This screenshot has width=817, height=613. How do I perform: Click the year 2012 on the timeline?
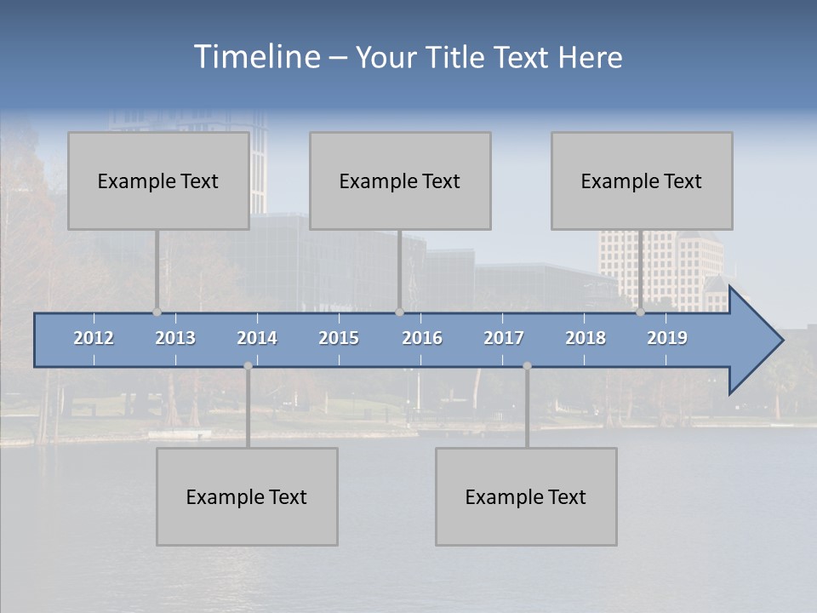point(94,338)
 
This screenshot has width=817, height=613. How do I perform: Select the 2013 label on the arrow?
point(175,338)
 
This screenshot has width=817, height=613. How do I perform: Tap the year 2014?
point(257,338)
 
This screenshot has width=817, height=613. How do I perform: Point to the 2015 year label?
point(339,338)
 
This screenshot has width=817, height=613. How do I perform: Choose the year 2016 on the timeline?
point(422,338)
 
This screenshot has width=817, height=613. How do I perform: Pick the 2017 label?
point(504,338)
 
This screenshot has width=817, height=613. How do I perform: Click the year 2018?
point(586,338)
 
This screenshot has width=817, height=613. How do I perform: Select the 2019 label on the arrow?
point(667,338)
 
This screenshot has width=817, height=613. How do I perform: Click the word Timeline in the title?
point(255,57)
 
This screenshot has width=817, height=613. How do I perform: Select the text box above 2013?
point(158,180)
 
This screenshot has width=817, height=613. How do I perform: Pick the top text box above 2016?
point(400,180)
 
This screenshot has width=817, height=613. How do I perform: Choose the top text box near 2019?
point(642,180)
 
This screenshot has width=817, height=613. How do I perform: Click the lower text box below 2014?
point(247,496)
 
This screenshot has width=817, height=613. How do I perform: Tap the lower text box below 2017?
point(526,496)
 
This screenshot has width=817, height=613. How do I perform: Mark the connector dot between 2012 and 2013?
point(157,312)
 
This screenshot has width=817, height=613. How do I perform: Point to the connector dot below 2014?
point(248,366)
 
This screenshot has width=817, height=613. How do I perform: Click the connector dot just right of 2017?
point(527,366)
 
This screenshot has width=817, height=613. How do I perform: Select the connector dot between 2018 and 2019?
point(640,312)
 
